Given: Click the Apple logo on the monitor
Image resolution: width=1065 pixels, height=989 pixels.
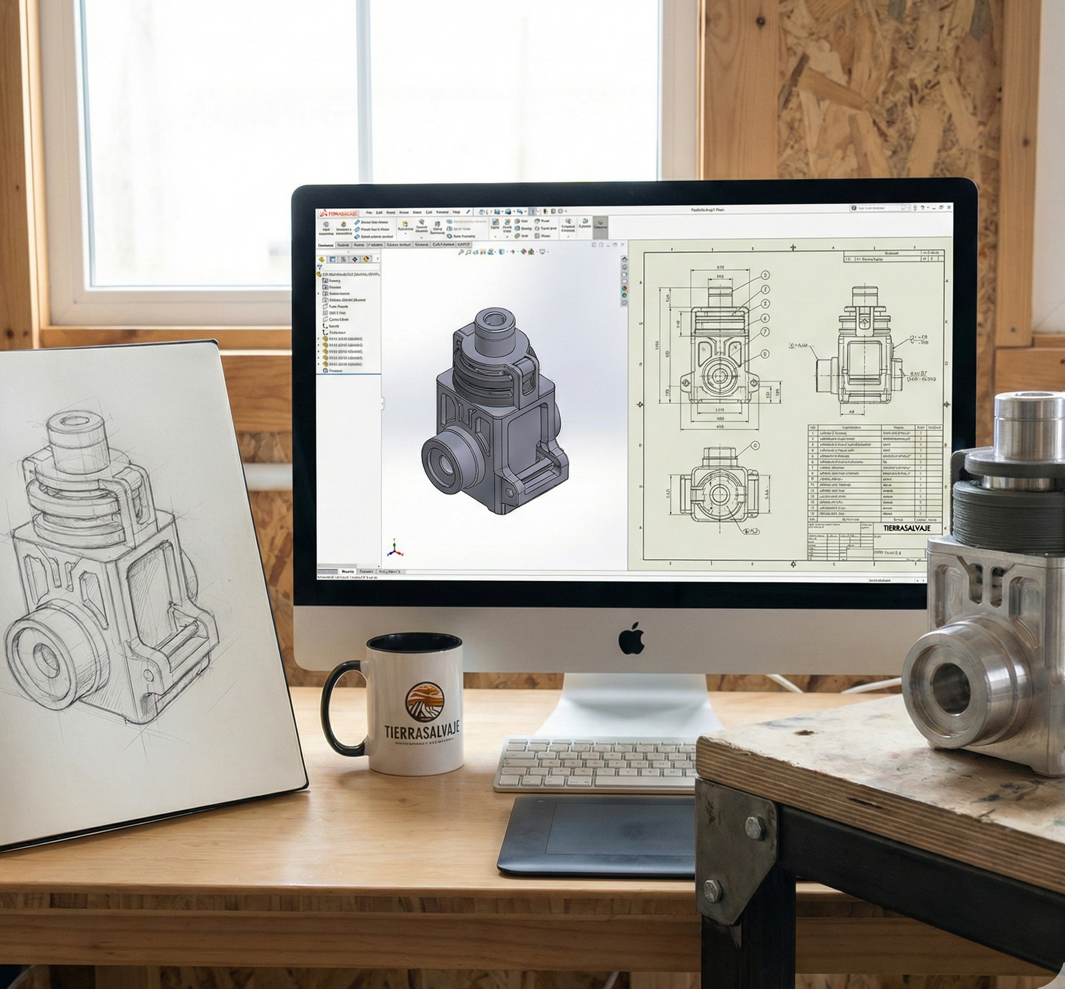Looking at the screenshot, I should [x=631, y=638].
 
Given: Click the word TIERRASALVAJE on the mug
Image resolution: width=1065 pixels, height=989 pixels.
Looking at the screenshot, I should [x=422, y=732].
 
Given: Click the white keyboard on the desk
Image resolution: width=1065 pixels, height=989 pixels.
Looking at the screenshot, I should [x=595, y=764].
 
